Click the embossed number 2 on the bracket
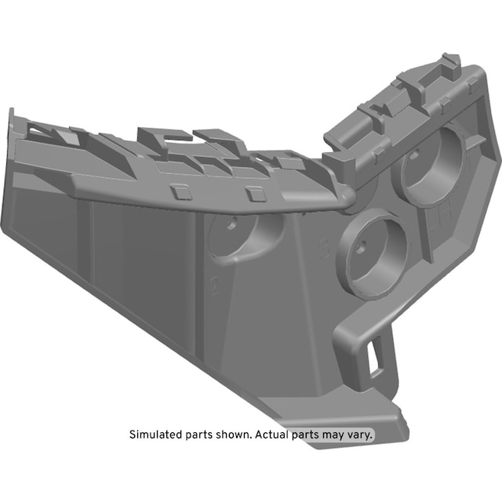pos(214,286)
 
